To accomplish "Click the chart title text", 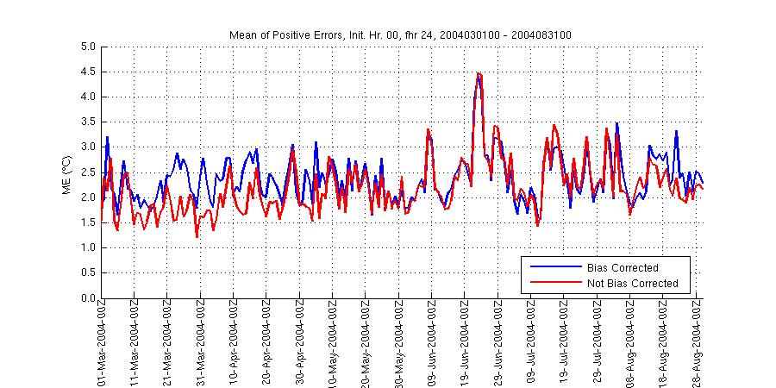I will [400, 34].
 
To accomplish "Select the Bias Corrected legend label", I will [622, 267].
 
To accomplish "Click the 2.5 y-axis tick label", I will [88, 172].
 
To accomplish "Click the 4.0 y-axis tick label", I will [88, 97].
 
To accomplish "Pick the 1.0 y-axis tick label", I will [88, 248].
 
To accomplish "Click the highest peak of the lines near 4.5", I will [479, 73].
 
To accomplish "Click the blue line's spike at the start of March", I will [108, 137].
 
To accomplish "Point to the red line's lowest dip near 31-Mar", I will [197, 237].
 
